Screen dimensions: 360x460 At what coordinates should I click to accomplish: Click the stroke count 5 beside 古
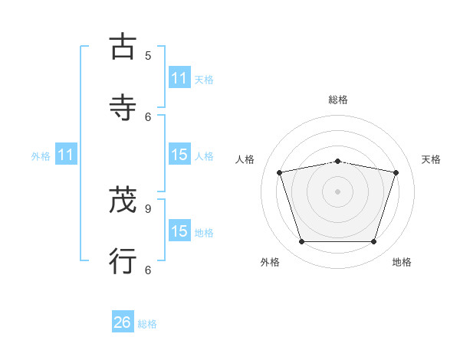tap(148, 55)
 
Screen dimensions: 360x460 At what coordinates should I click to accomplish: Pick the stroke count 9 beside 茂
tap(148, 208)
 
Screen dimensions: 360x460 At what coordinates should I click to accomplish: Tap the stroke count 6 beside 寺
tap(148, 116)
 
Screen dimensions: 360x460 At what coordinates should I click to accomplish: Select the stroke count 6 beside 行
tap(148, 270)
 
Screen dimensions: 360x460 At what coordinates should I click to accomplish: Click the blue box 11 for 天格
tap(179, 78)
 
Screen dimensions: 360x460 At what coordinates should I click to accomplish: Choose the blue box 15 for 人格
tap(179, 155)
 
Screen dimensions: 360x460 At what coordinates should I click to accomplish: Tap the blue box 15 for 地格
tap(179, 231)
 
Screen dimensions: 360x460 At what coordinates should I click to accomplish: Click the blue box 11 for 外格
tap(66, 155)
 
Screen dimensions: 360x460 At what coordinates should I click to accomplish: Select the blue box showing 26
tap(123, 322)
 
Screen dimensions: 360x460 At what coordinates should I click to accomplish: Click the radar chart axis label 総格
tap(338, 100)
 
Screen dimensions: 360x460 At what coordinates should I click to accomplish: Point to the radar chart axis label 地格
tap(402, 263)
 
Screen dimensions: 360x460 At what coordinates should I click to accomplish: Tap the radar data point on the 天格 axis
tap(396, 172)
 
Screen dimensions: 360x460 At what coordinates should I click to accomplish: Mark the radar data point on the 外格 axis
tap(302, 242)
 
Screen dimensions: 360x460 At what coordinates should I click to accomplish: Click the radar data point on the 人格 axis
tap(280, 172)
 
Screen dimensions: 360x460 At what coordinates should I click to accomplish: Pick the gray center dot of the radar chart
tap(338, 191)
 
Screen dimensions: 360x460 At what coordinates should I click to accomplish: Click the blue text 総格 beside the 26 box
tap(147, 324)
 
